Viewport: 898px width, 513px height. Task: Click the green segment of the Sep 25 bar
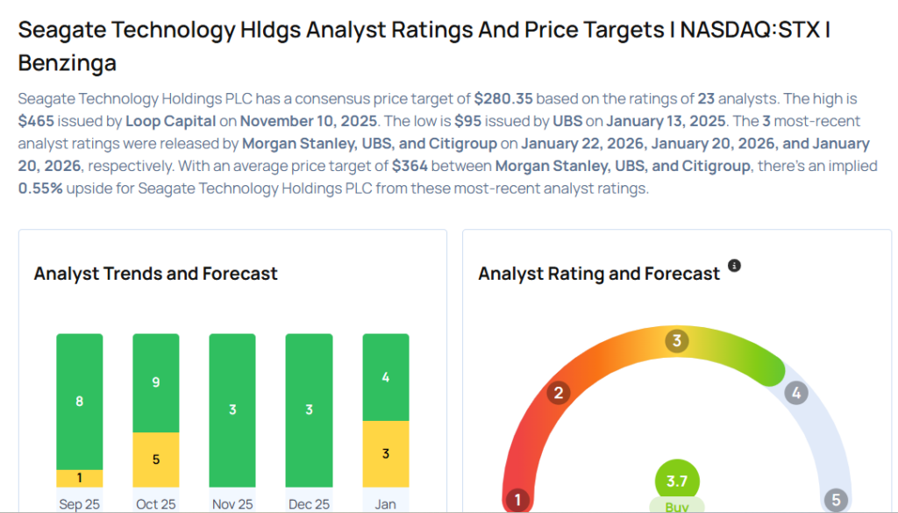[x=79, y=401]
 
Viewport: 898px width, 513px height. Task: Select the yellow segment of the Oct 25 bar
[x=156, y=460]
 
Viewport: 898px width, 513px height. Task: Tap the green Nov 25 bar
[x=232, y=410]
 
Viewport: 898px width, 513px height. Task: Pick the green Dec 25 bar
[x=309, y=410]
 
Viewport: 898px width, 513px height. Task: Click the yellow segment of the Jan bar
[x=386, y=453]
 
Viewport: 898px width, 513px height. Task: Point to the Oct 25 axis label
[x=156, y=505]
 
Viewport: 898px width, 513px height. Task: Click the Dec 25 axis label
[x=309, y=505]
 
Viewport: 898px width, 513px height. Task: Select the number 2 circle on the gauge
[x=558, y=393]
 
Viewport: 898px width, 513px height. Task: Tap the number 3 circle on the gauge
[x=676, y=341]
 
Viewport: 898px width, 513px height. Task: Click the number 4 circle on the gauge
[x=795, y=393]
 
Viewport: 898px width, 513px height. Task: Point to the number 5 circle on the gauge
[x=836, y=500]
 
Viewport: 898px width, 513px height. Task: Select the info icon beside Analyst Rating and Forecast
[x=735, y=266]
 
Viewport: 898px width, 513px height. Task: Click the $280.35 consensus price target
[x=503, y=99]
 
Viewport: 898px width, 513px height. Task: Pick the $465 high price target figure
[x=37, y=121]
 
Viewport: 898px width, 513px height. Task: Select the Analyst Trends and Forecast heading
[x=156, y=274]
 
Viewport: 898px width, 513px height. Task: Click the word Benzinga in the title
[x=68, y=63]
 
